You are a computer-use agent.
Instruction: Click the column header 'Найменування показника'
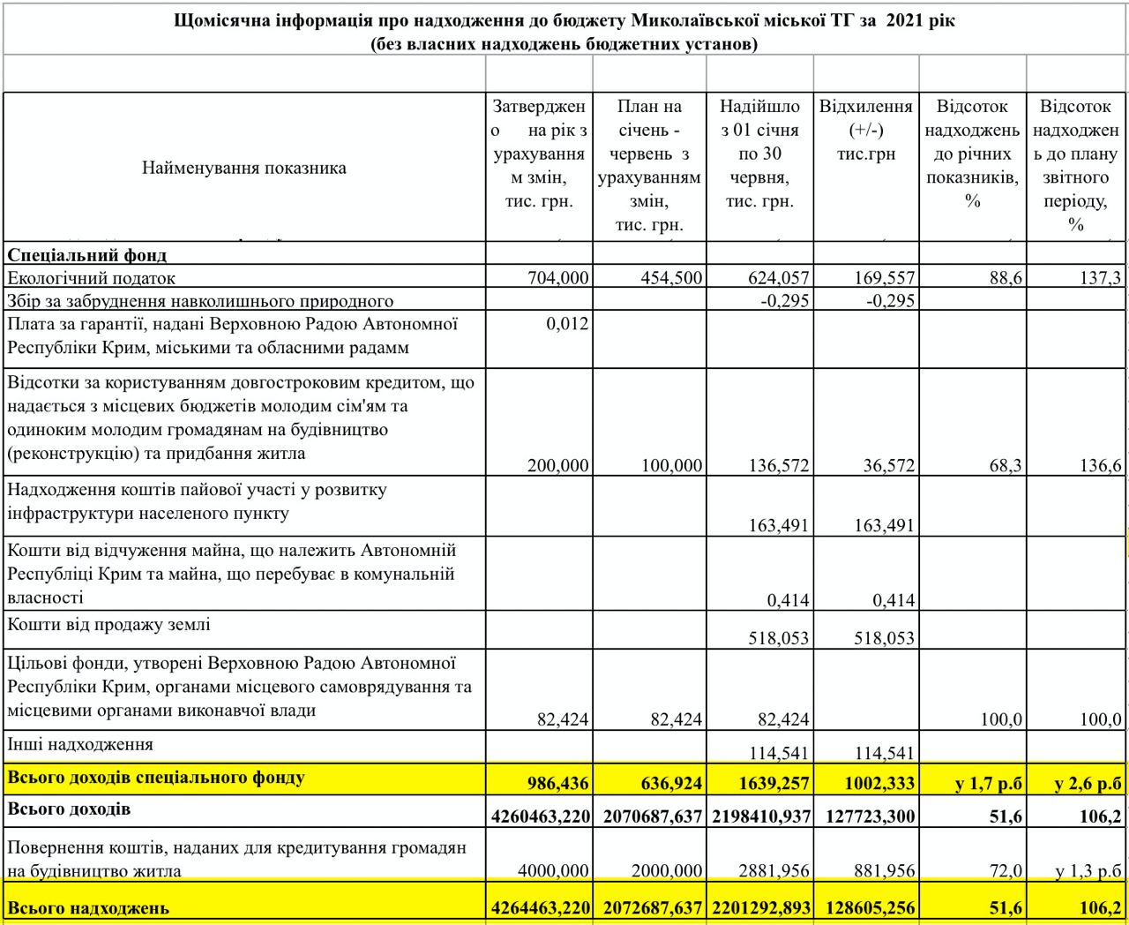(244, 168)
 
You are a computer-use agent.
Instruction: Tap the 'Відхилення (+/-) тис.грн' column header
(865, 130)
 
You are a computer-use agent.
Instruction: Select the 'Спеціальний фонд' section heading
(87, 255)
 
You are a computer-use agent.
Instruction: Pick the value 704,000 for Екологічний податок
(558, 278)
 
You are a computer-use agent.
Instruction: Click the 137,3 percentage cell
(1100, 278)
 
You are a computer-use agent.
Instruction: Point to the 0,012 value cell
(567, 324)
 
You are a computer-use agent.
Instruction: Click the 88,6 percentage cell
(1006, 278)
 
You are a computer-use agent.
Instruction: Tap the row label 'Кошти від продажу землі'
(109, 625)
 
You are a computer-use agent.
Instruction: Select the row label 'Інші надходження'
(80, 744)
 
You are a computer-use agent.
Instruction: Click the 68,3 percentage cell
(1006, 465)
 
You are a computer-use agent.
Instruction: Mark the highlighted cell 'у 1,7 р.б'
(988, 783)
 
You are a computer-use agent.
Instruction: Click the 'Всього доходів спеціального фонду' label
(156, 778)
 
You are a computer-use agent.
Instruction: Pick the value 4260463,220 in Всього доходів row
(541, 816)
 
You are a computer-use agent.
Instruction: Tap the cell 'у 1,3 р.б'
(1088, 871)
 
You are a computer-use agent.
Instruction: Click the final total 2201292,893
(760, 907)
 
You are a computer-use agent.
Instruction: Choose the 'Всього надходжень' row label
(87, 907)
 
